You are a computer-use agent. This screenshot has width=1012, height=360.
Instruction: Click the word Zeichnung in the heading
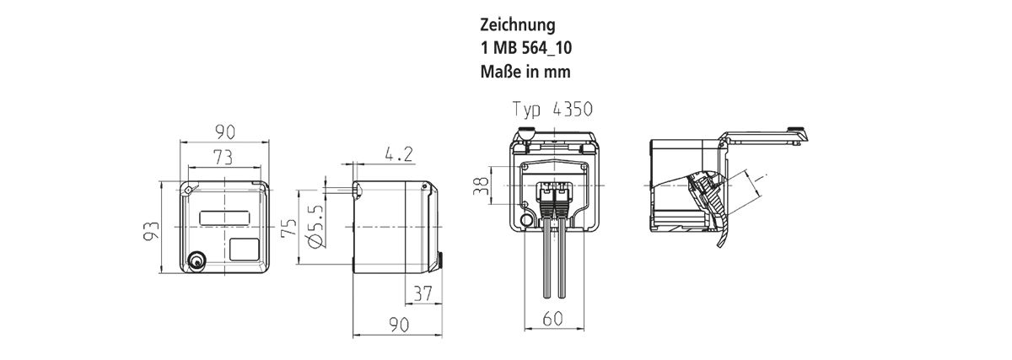pyautogui.click(x=518, y=24)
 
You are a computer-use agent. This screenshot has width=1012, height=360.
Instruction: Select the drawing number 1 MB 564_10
pyautogui.click(x=535, y=48)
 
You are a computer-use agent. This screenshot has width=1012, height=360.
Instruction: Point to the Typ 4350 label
pyautogui.click(x=553, y=110)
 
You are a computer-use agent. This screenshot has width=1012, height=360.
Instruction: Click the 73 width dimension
pyautogui.click(x=223, y=158)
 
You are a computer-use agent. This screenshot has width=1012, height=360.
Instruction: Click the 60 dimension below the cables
pyautogui.click(x=554, y=319)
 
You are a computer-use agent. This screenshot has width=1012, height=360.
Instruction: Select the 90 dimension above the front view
pyautogui.click(x=224, y=132)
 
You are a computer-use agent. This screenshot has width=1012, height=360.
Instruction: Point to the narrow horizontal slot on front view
pyautogui.click(x=225, y=218)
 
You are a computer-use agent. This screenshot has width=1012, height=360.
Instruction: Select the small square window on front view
pyautogui.click(x=245, y=249)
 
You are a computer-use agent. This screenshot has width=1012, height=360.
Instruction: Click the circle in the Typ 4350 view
pyautogui.click(x=528, y=222)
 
